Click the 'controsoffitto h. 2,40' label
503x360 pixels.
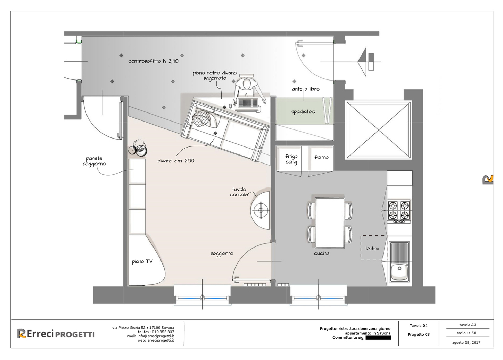pyautogui.click(x=154, y=61)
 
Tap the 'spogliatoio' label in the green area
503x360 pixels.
pyautogui.click(x=303, y=112)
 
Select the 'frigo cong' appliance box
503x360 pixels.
pyautogui.click(x=289, y=158)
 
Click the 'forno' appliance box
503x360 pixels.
pyautogui.click(x=321, y=158)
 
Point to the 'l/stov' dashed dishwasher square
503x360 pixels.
pyautogui.click(x=374, y=248)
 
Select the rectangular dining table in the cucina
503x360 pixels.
pyautogui.click(x=330, y=223)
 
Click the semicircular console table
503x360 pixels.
pyautogui.click(x=261, y=210)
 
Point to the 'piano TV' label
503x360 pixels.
pyautogui.click(x=142, y=261)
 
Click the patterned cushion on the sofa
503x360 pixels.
pyautogui.click(x=201, y=118)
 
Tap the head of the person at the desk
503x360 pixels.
pyautogui.click(x=247, y=84)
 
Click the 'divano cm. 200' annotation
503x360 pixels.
pyautogui.click(x=176, y=161)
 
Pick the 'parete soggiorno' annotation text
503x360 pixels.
pyautogui.click(x=94, y=161)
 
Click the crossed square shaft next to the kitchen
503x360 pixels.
pyautogui.click(x=379, y=130)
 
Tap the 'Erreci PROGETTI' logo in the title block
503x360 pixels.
pyautogui.click(x=56, y=334)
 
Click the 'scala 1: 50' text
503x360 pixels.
pyautogui.click(x=466, y=333)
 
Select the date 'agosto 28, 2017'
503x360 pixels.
pyautogui.click(x=466, y=343)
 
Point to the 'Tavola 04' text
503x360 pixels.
pyautogui.click(x=419, y=325)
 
